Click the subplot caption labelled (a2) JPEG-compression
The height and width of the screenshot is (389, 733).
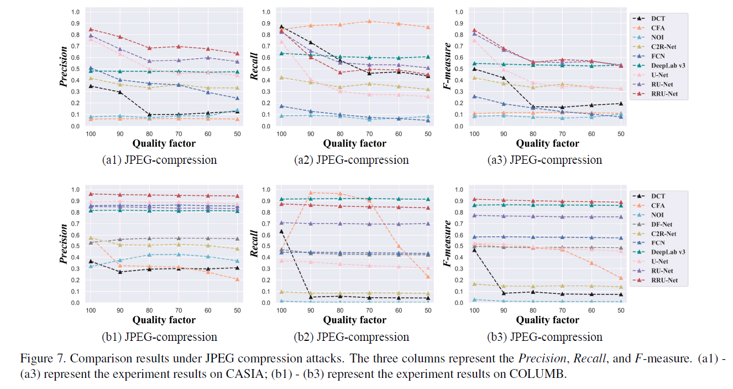[351, 160]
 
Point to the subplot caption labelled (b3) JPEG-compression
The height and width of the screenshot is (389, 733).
[545, 337]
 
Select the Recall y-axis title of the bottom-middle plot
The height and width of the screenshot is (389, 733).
[255, 244]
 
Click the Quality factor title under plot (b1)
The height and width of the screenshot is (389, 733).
[164, 320]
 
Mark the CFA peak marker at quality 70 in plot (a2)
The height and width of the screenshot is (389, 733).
[369, 22]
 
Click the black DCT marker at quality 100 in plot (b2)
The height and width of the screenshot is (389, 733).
[282, 231]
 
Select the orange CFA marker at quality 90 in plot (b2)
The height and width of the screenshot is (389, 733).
[311, 193]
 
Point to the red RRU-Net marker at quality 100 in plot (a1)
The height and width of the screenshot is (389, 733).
[91, 29]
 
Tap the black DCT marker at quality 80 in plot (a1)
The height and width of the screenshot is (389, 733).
[149, 115]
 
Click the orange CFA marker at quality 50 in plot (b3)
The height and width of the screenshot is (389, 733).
[620, 278]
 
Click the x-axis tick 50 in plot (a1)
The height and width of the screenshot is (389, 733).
[237, 134]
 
